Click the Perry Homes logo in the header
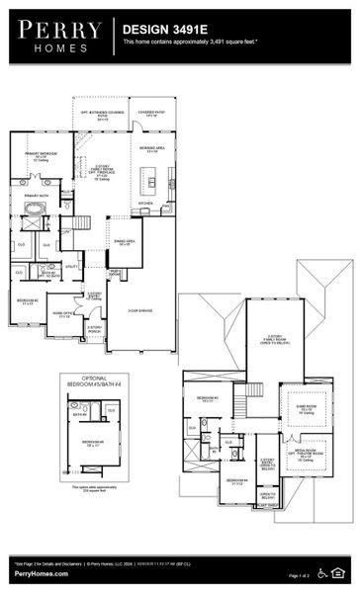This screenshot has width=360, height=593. (x=57, y=37)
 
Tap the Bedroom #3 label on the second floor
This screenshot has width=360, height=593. (x=207, y=399)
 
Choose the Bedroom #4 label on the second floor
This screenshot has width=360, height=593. (x=211, y=483)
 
